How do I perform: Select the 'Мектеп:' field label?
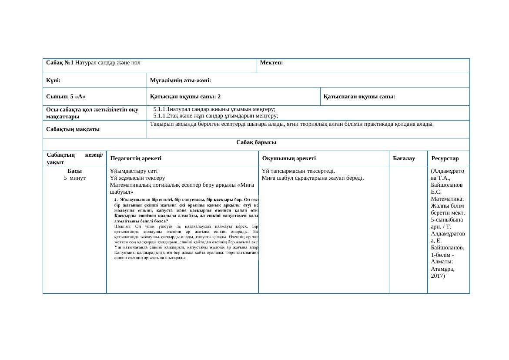(271, 63)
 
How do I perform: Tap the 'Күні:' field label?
(53, 81)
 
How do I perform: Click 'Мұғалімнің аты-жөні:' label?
(181, 81)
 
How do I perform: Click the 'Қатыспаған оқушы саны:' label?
(359, 97)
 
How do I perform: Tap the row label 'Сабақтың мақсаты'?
(73, 129)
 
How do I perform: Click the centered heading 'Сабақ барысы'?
(256, 143)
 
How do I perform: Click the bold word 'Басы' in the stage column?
(75, 171)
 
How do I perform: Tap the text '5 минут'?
(74, 178)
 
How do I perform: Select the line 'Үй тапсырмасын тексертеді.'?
(298, 171)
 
